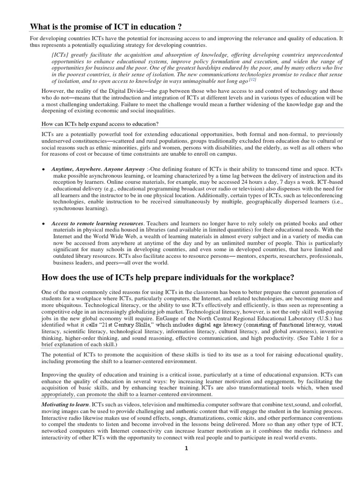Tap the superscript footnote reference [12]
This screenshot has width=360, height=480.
pyautogui.click(x=253, y=80)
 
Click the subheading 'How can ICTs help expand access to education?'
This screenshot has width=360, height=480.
pyautogui.click(x=94, y=124)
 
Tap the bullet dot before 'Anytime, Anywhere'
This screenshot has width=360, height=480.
pyautogui.click(x=43, y=168)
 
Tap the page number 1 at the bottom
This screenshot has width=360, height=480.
pyautogui.click(x=186, y=448)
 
